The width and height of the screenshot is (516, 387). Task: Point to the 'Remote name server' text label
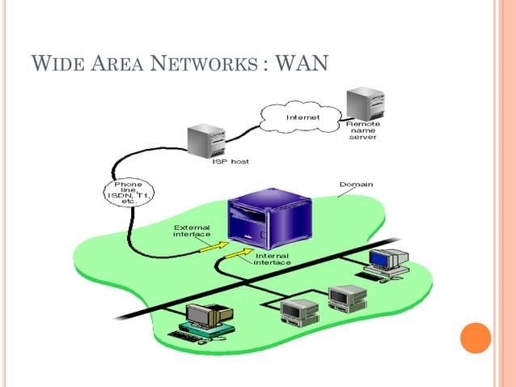362,130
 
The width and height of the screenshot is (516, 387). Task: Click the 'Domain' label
356,185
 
